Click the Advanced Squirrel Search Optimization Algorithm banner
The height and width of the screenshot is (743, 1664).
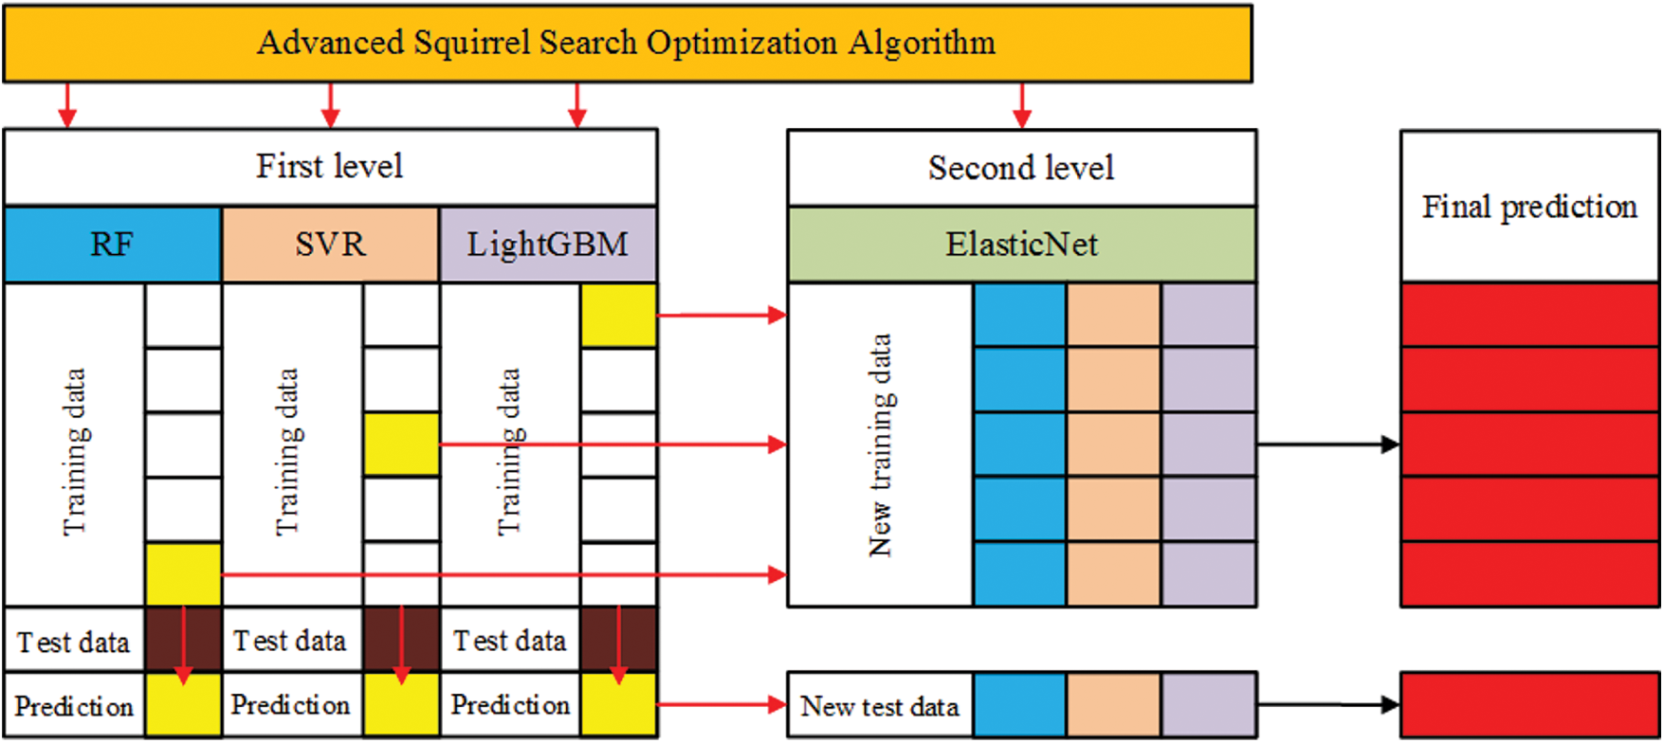point(627,44)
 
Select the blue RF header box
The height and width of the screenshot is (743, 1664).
point(112,245)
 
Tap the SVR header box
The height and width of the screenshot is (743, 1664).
point(330,245)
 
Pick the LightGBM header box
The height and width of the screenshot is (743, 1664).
point(548,245)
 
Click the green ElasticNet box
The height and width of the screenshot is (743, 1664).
point(1021,245)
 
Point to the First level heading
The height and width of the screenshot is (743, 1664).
point(330,167)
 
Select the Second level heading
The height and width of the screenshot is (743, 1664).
point(1021,168)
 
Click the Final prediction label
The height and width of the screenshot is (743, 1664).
point(1528,207)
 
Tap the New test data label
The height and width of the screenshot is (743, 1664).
point(880,706)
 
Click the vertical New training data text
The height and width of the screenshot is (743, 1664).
point(881,444)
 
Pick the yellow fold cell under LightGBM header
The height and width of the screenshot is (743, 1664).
point(618,316)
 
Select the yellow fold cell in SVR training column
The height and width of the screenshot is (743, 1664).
point(401,444)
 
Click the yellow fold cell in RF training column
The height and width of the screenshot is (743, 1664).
point(183,574)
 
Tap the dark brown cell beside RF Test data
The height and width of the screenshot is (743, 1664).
point(183,640)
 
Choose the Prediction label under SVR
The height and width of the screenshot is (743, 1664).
point(290,705)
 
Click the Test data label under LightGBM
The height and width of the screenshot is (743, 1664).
point(509,641)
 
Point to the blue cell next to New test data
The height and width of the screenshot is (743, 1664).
point(1020,705)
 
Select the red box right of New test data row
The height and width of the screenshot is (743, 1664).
point(1529,705)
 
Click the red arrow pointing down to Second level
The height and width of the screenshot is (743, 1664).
point(1021,105)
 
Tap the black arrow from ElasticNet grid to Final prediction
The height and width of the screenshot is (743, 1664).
point(1328,444)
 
